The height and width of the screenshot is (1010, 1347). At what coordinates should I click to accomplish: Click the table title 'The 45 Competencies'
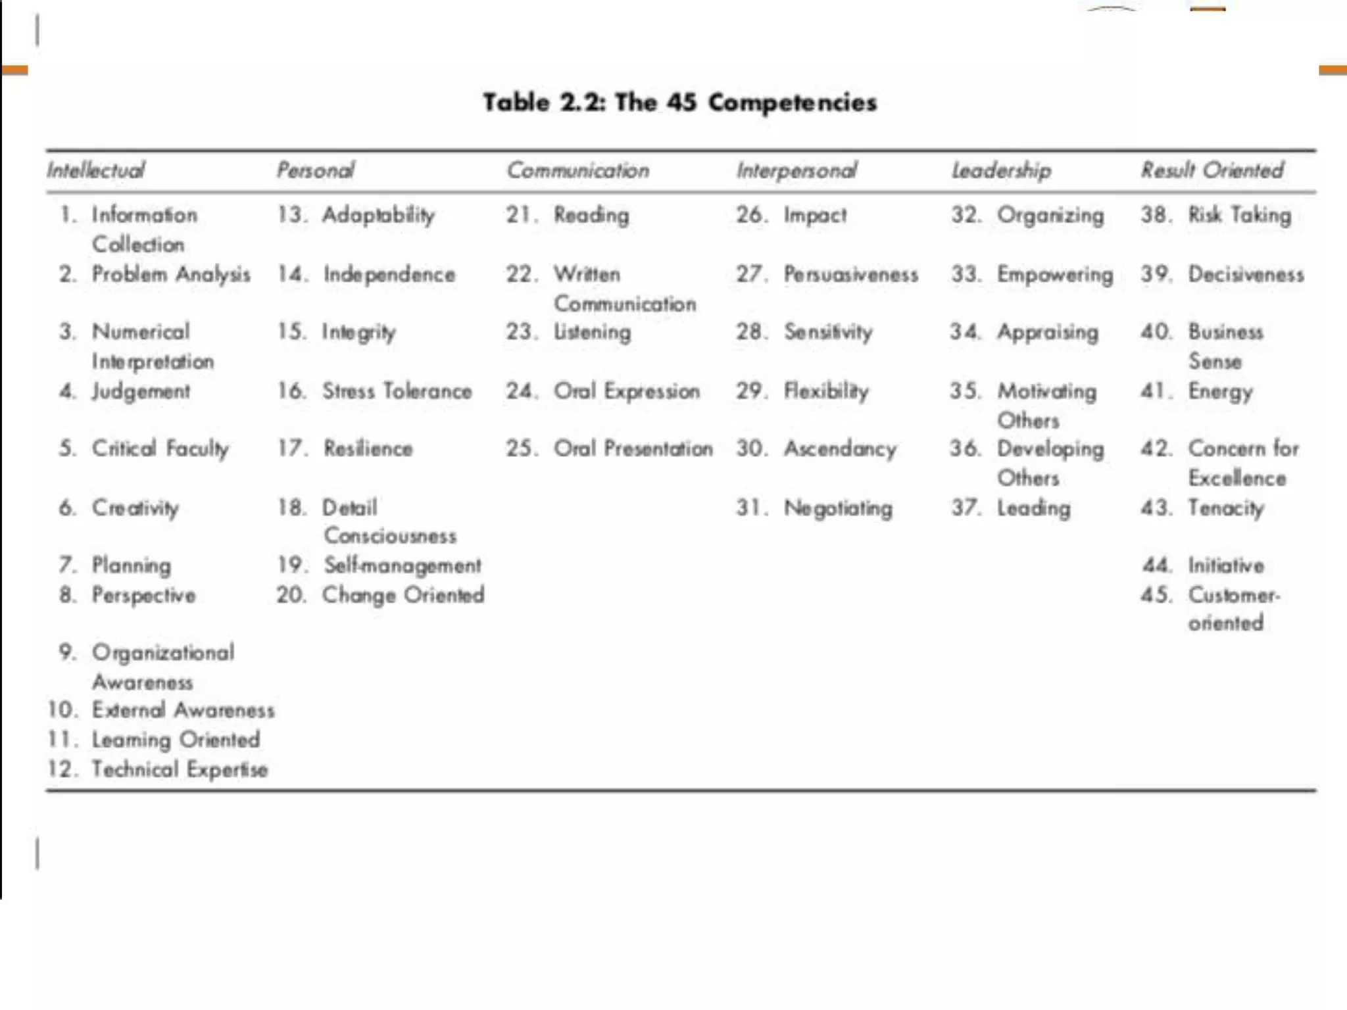[680, 103]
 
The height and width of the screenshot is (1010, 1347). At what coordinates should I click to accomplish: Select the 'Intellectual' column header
[95, 170]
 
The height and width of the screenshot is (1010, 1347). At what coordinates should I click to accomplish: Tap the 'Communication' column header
[577, 170]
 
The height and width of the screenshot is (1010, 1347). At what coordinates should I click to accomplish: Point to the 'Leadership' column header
[1001, 170]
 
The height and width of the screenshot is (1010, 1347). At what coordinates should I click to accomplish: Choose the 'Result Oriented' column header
[1212, 170]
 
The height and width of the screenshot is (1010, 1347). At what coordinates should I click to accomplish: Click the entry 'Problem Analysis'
[171, 274]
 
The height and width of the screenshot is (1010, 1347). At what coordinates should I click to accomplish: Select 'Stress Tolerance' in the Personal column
[397, 391]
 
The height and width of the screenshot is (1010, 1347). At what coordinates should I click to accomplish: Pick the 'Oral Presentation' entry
[633, 448]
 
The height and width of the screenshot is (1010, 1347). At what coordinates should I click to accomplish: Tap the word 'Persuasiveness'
[850, 274]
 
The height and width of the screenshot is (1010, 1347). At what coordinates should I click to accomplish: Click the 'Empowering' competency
[1055, 274]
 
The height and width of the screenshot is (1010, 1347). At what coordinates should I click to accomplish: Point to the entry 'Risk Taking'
[1239, 215]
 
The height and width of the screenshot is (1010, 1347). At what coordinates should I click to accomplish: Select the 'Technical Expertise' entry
[180, 769]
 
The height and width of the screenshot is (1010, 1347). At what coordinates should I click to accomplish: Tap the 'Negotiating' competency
[838, 508]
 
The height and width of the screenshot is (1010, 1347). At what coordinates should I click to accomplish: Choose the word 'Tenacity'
[1226, 508]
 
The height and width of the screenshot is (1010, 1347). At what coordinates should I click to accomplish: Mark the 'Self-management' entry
[403, 565]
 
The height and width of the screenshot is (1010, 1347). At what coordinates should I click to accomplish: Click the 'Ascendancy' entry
[840, 448]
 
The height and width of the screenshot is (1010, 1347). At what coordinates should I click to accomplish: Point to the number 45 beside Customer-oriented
[1156, 595]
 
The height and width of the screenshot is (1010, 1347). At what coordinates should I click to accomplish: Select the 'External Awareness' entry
[183, 710]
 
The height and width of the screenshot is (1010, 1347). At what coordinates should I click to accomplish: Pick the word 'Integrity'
[359, 332]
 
